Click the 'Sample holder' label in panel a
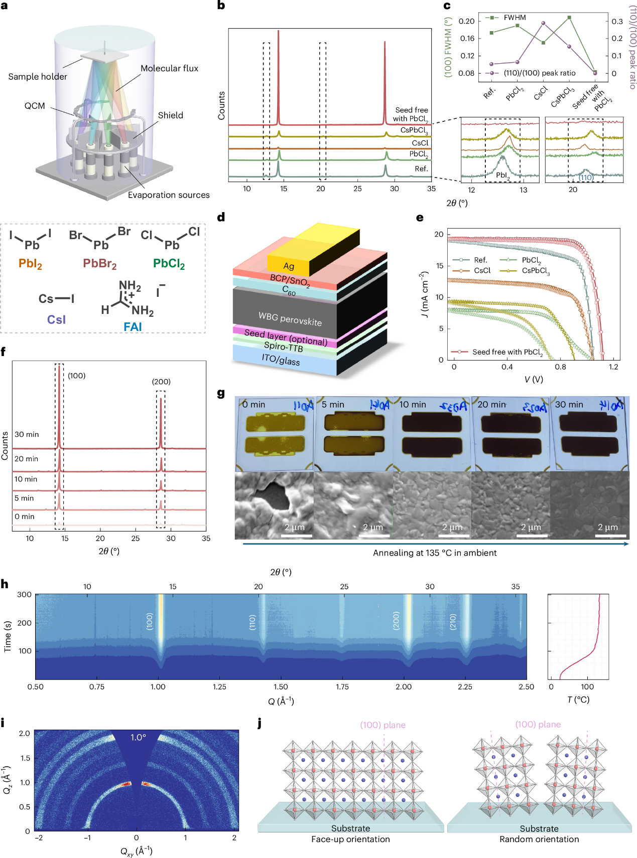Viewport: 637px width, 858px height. click(x=38, y=77)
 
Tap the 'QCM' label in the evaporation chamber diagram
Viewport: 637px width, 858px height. click(x=35, y=106)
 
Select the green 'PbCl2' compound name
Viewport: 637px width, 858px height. click(x=169, y=264)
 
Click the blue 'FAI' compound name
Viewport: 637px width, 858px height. click(x=133, y=327)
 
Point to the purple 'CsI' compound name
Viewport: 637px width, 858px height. click(x=56, y=320)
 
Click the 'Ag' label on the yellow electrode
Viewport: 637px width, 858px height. click(x=289, y=266)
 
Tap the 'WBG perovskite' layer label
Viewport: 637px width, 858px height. click(x=290, y=318)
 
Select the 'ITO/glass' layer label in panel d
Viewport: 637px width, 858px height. click(x=281, y=360)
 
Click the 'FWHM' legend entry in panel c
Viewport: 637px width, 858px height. click(x=515, y=18)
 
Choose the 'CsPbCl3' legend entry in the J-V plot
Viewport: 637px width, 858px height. click(x=536, y=271)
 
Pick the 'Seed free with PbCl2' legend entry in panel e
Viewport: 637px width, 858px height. click(x=507, y=352)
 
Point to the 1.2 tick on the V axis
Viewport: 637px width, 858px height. click(x=613, y=367)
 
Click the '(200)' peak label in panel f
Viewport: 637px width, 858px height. click(x=161, y=382)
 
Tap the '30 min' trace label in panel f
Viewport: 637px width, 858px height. click(x=27, y=434)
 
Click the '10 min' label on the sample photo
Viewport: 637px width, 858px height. click(x=413, y=405)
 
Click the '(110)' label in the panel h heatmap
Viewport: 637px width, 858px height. click(x=252, y=622)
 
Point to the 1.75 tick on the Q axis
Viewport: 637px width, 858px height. click(x=342, y=687)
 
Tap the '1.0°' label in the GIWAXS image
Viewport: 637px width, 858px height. click(x=138, y=737)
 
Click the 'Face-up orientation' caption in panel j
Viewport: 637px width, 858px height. click(x=350, y=839)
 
